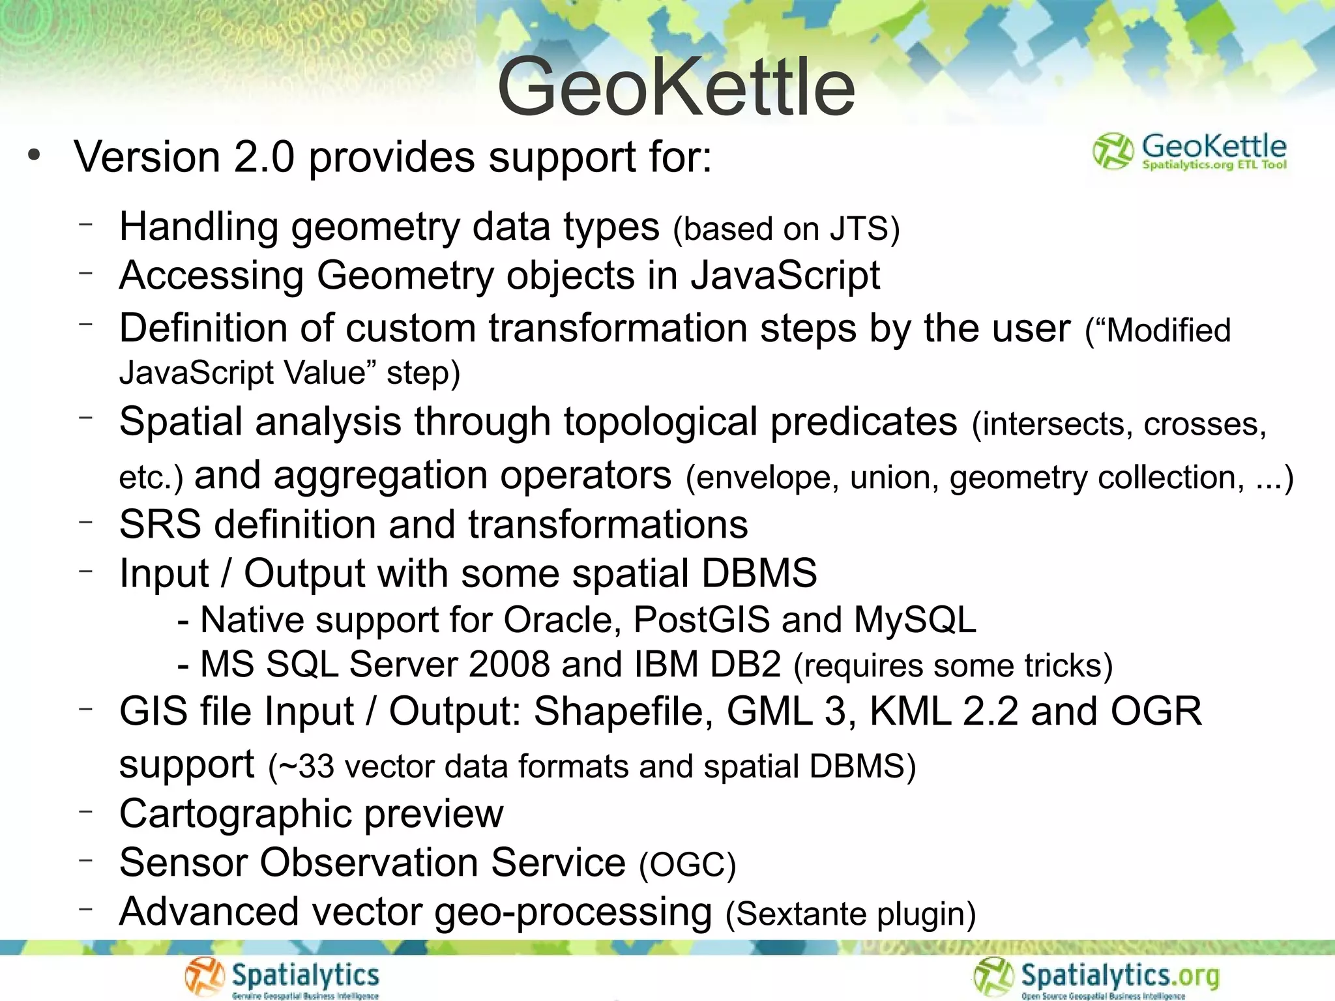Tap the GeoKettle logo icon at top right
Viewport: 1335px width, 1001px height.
click(1112, 151)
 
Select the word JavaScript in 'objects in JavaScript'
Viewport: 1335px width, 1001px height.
click(785, 276)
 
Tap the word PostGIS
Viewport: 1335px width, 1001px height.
click(701, 620)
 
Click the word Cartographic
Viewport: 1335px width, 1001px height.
click(235, 815)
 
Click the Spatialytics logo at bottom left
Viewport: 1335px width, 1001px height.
click(282, 978)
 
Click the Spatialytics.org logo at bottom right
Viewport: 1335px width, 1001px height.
click(1096, 978)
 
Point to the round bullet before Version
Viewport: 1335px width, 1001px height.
click(35, 156)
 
